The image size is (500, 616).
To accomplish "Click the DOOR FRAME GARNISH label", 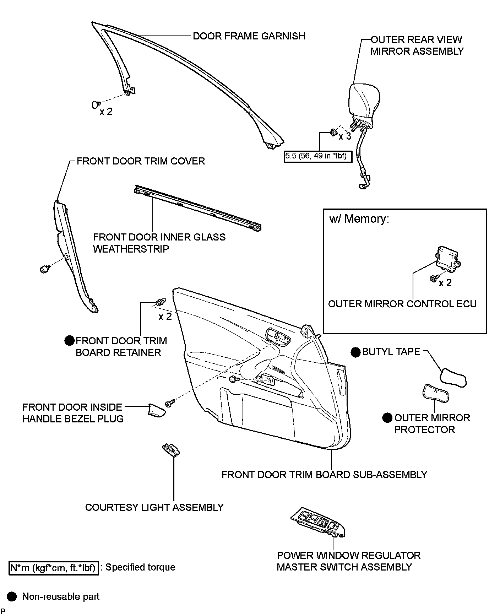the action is (249, 36).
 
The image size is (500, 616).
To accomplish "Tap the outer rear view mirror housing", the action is (364, 102).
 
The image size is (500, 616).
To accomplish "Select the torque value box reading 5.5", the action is (318, 156).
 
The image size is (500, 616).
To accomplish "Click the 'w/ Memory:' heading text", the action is (359, 219).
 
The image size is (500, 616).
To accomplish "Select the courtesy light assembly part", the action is (171, 449).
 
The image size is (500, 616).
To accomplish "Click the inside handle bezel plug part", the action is (157, 410).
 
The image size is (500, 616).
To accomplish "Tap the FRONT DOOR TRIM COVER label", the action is (141, 161).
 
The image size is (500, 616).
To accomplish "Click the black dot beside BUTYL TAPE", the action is (355, 352).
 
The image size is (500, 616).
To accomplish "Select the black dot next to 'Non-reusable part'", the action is (12, 596).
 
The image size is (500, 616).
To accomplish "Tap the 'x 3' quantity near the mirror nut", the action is (344, 136).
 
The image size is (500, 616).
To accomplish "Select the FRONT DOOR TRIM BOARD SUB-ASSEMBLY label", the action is (324, 475).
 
